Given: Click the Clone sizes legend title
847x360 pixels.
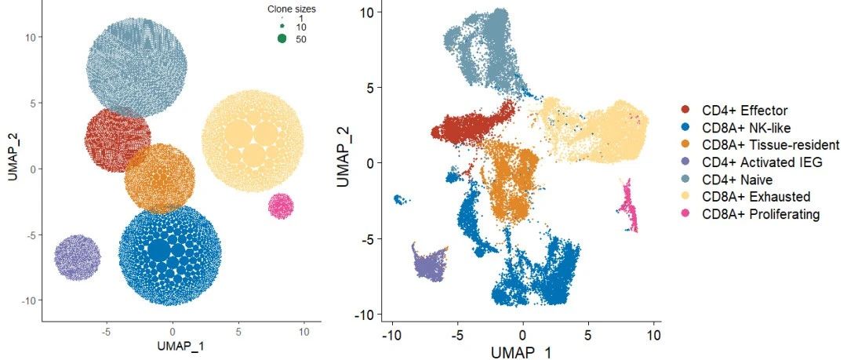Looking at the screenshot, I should [287, 9].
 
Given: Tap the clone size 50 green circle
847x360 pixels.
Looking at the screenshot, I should [282, 38].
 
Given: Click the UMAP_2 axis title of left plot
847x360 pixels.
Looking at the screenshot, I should [14, 158].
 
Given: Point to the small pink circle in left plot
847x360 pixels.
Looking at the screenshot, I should [281, 206].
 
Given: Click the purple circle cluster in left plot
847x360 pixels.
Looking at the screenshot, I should [78, 257].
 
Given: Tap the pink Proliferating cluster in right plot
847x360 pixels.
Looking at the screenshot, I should [629, 207].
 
